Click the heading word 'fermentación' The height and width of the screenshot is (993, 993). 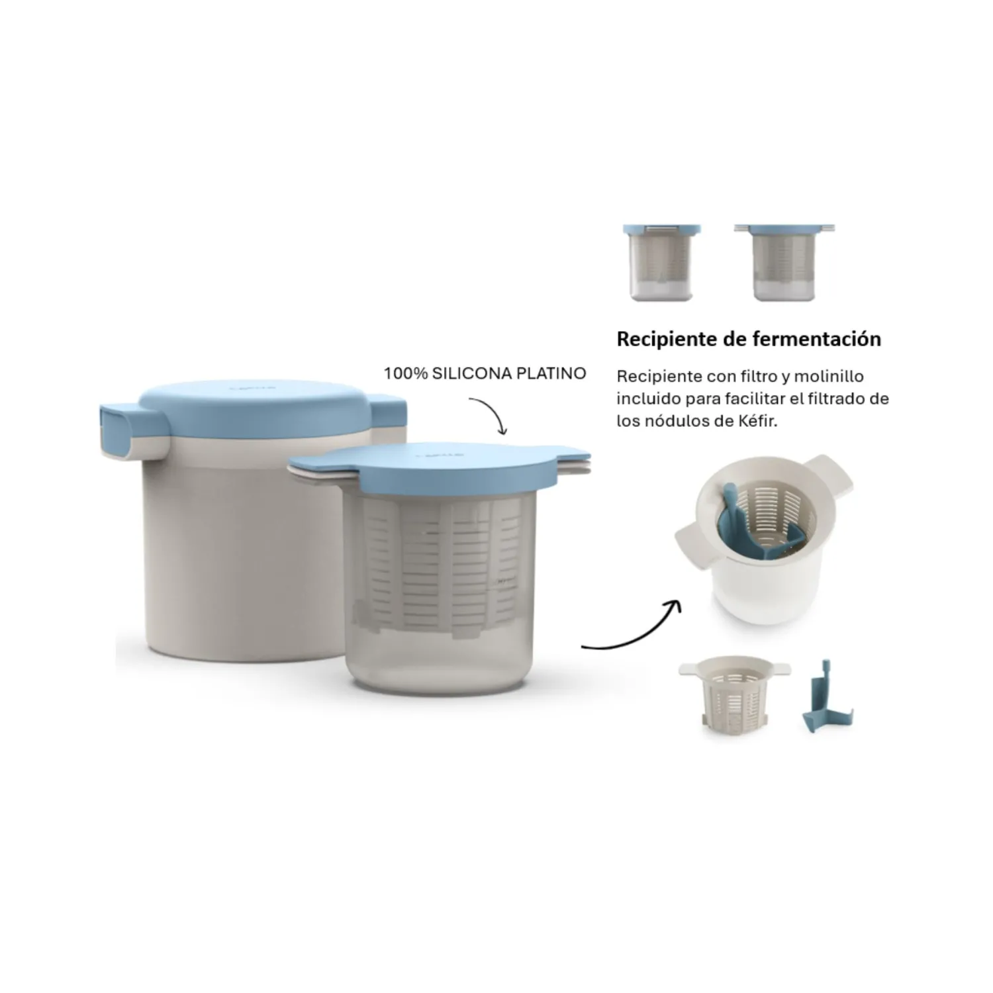tap(818, 339)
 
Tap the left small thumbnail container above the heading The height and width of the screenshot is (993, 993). tap(661, 262)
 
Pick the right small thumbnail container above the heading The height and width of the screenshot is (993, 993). tap(784, 262)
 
